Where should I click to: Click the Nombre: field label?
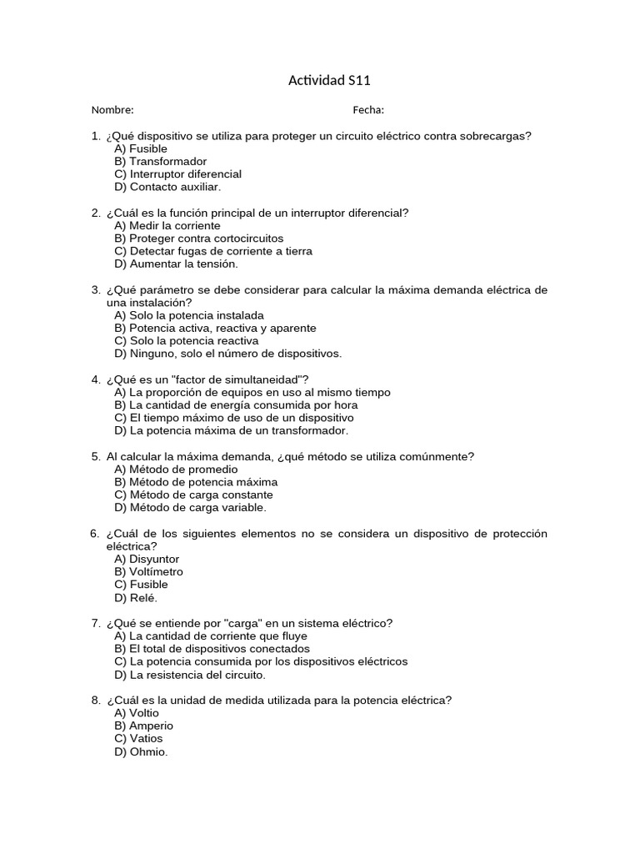[x=112, y=110]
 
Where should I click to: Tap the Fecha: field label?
[x=368, y=110]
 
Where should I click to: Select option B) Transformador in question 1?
[x=161, y=162]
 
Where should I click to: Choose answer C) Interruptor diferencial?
[x=177, y=174]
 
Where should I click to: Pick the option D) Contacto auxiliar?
[x=167, y=187]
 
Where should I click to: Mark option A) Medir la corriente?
[x=167, y=226]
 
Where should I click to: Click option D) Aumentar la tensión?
[x=176, y=264]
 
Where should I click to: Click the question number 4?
[x=95, y=379]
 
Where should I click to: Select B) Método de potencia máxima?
[x=196, y=482]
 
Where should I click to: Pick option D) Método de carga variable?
[x=191, y=507]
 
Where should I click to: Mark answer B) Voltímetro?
[x=148, y=572]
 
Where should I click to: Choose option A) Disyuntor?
[x=147, y=560]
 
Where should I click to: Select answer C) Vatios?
[x=138, y=739]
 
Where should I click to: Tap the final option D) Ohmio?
[x=141, y=751]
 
